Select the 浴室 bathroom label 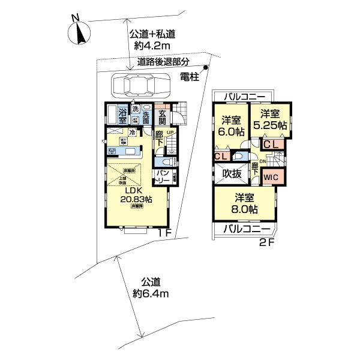click(122, 115)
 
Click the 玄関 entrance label click(162, 114)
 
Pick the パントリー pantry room click(161, 177)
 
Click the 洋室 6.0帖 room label click(230, 124)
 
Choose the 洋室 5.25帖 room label click(269, 118)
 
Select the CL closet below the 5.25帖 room click(270, 144)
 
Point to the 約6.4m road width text click(151, 294)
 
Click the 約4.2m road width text click(146, 44)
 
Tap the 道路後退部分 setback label click(163, 61)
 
